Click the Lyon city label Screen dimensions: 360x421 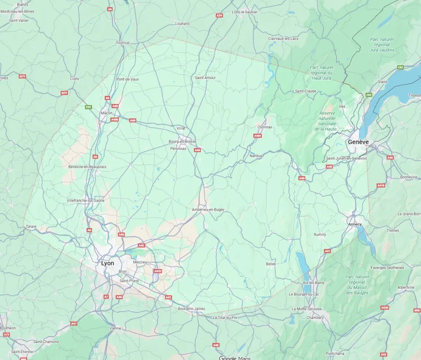coord(108,263)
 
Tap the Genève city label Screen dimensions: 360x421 coord(358,142)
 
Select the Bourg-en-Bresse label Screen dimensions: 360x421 coord(182,141)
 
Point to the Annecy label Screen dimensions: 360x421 coord(355,224)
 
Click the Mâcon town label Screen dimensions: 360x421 coord(106,113)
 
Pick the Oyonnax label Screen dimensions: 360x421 coord(265,127)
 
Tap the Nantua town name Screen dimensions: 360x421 coord(256,156)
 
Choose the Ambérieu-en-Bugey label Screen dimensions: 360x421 coord(208,210)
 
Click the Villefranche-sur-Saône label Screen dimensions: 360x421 coord(86,200)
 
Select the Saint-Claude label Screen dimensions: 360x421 coord(305,91)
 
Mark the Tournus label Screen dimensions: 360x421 coord(123,43)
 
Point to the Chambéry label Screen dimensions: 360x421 coord(315,318)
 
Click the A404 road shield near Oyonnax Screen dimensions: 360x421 coord(258,135)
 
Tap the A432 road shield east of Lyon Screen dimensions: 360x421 coord(157,271)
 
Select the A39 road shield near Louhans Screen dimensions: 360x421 coord(220,15)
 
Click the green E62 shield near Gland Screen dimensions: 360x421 coord(400,67)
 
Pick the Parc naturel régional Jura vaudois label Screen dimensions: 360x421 coord(382,45)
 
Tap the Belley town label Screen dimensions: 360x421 coord(271,264)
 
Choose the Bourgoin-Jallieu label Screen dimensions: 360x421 coord(192,309)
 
